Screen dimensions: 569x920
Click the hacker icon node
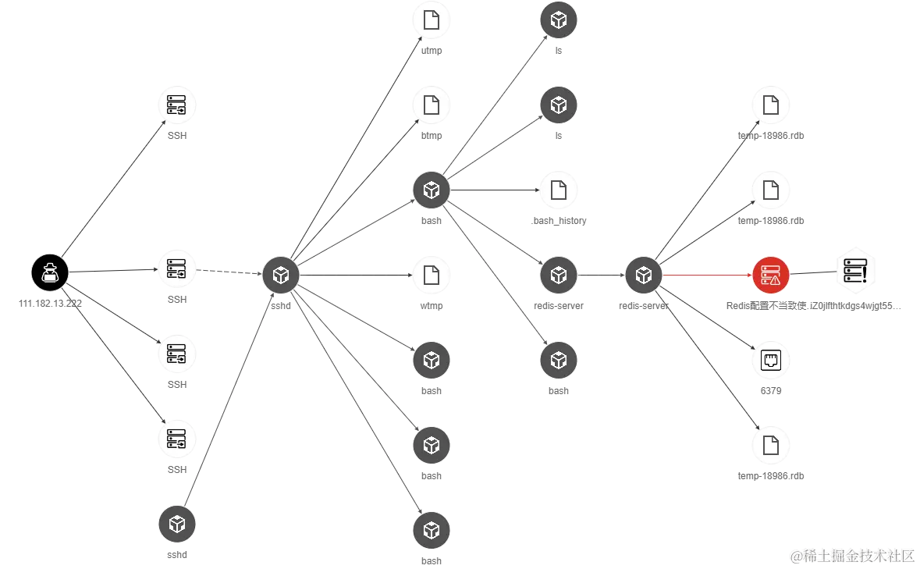click(51, 273)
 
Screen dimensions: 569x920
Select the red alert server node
click(771, 275)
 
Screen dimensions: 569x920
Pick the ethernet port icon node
click(771, 359)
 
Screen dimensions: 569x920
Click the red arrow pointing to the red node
click(706, 275)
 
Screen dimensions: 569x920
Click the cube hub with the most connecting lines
click(281, 274)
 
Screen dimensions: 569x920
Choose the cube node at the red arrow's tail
click(643, 275)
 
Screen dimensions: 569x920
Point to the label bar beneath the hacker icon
click(52, 307)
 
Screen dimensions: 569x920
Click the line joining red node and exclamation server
click(813, 272)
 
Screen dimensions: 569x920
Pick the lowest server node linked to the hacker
click(177, 439)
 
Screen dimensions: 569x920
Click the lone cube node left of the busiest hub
click(177, 523)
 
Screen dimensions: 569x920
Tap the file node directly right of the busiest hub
click(431, 275)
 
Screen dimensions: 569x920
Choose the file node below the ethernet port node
click(771, 445)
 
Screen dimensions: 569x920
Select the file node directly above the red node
click(771, 189)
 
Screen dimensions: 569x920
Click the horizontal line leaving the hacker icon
click(113, 272)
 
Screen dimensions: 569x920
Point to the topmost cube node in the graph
click(558, 20)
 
